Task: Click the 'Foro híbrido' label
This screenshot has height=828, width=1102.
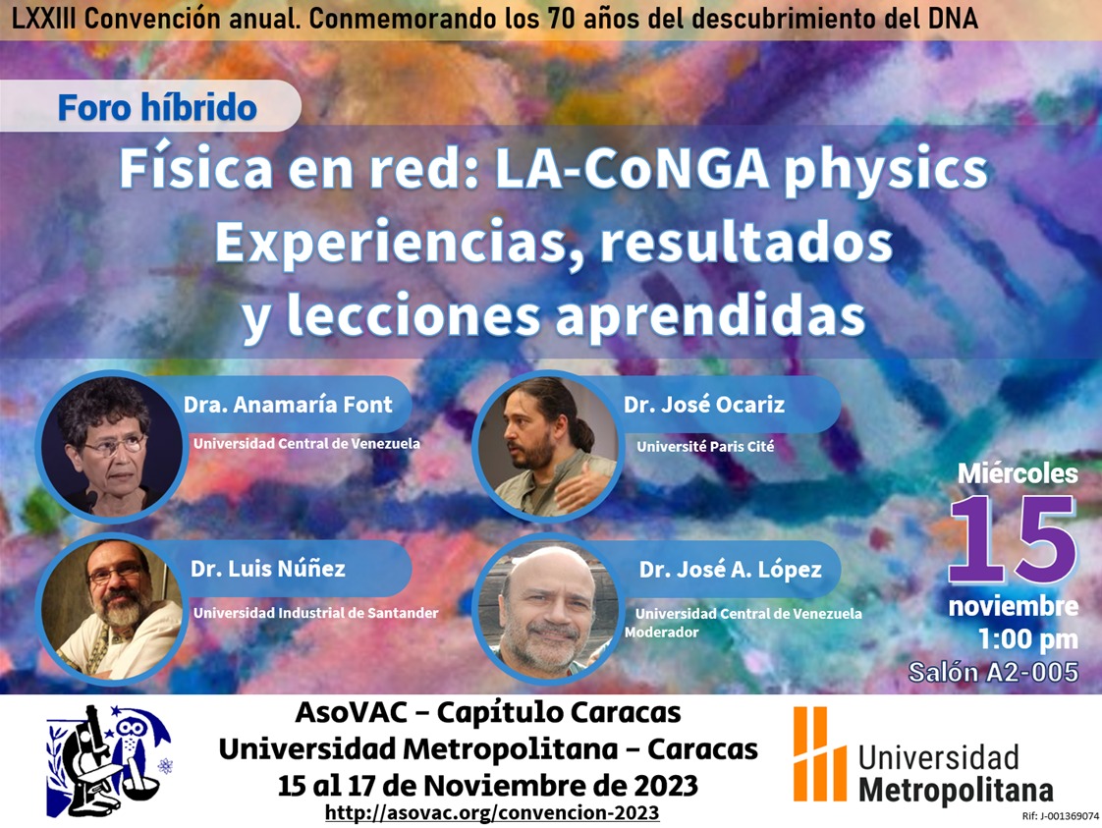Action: coord(157,107)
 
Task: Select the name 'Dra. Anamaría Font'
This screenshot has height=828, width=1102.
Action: coord(288,405)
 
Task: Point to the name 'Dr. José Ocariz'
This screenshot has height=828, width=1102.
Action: coord(703,405)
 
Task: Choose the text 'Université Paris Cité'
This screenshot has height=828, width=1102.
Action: coord(705,447)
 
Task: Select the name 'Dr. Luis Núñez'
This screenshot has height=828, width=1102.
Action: coord(268,569)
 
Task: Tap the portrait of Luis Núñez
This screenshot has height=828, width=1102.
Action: coord(109,609)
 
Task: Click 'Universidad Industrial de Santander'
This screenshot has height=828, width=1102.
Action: coord(315,613)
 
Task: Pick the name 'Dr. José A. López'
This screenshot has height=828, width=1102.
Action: coord(730,570)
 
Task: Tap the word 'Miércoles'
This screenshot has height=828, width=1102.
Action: coord(1018,473)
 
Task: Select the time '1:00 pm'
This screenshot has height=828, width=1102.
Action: coord(1027,639)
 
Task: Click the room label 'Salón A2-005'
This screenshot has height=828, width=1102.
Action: coord(993,673)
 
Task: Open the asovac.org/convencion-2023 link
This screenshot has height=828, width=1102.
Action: coord(491,814)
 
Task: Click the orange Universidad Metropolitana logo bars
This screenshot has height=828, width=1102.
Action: coord(819,753)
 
